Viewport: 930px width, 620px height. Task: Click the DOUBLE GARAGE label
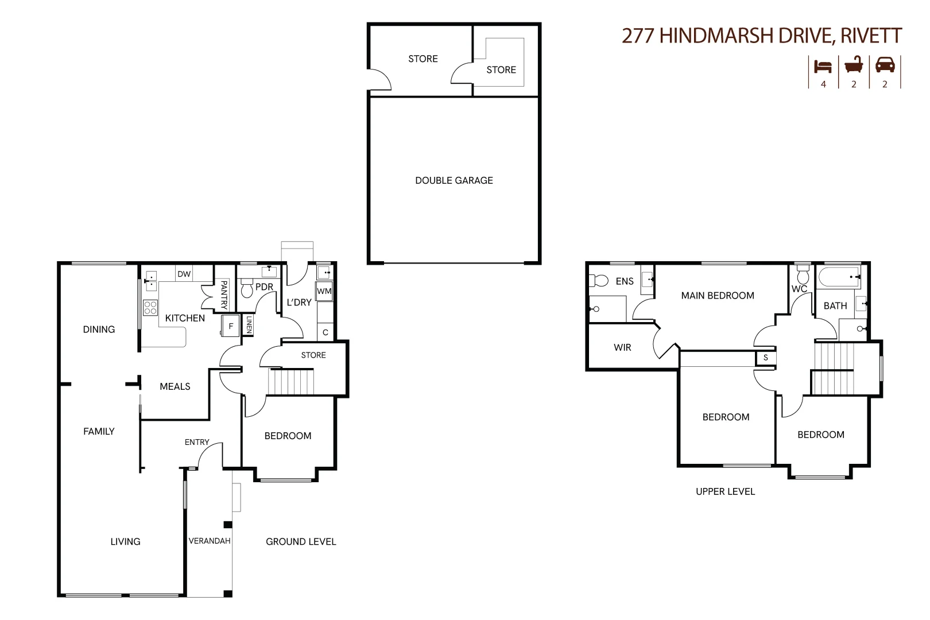[454, 180]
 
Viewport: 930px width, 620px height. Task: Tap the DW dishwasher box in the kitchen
[184, 274]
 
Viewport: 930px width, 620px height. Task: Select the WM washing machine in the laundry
[324, 291]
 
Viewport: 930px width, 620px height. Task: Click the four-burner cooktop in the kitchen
[150, 307]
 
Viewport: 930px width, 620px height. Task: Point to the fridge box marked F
[231, 326]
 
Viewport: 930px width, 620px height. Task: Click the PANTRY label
[224, 294]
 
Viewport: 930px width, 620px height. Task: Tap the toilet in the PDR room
[247, 288]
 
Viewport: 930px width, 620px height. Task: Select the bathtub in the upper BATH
[839, 277]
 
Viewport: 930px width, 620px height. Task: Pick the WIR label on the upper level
[622, 347]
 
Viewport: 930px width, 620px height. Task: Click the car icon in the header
[885, 65]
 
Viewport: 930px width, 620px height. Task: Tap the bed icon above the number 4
[823, 66]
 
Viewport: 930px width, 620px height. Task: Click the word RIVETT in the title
[871, 36]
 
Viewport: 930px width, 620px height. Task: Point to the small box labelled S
[765, 358]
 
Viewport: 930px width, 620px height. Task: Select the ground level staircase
[291, 382]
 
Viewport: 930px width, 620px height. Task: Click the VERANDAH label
[210, 541]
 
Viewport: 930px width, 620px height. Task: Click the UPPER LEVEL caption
[725, 491]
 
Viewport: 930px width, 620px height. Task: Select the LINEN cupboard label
[249, 325]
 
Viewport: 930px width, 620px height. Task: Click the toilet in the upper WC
[803, 276]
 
